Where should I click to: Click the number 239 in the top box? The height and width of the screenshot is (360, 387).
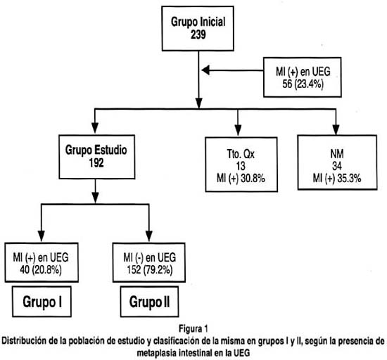coord(198,34)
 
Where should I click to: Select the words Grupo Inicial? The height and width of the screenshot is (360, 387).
coord(198,22)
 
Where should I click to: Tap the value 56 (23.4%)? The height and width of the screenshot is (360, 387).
coord(303,84)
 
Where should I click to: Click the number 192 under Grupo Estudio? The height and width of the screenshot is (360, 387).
coord(96,162)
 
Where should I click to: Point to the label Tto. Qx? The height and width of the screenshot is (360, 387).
coord(241,154)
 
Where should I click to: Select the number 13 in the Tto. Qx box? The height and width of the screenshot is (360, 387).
coord(241,166)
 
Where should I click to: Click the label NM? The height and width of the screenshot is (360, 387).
coord(337,154)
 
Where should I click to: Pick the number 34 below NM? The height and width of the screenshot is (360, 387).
coord(337,166)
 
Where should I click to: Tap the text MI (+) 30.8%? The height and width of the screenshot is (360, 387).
coord(241,178)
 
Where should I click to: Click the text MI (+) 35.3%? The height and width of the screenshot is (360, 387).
coord(337,178)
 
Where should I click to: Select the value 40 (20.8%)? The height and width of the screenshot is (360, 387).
coord(41,269)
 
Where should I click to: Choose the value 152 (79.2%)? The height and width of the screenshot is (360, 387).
coord(150,269)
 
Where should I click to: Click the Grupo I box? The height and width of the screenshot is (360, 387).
coord(42,302)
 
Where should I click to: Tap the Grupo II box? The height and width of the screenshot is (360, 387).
coord(150,302)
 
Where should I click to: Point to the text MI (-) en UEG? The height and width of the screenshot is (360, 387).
coord(150,257)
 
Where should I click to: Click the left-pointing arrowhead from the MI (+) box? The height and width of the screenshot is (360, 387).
coord(205,70)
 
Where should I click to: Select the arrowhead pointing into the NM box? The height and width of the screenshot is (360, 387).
coord(336,129)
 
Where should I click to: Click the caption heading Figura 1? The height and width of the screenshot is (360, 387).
coord(193,328)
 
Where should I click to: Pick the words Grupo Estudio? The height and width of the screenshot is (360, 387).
coord(96,150)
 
